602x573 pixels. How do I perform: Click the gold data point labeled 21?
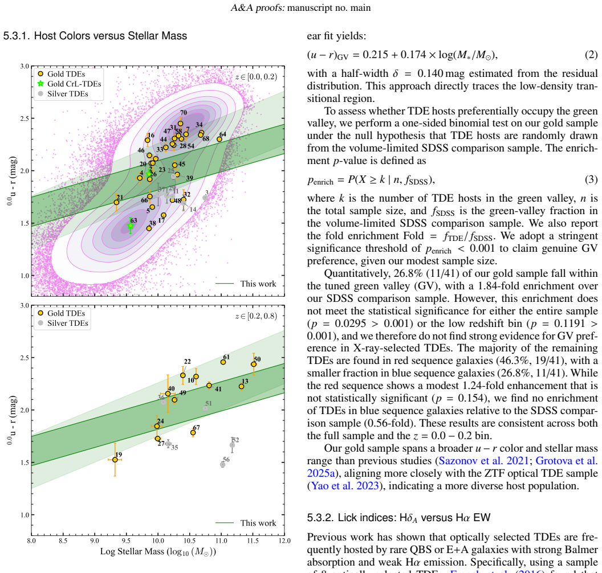(x=116, y=203)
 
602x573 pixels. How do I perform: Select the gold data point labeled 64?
(x=219, y=139)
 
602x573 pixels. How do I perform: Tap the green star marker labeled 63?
(x=130, y=226)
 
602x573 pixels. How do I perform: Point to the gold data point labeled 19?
(x=115, y=460)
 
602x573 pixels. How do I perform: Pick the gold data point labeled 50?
(x=253, y=365)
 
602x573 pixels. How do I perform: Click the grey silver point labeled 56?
(x=223, y=464)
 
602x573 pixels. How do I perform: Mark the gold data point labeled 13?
(x=242, y=386)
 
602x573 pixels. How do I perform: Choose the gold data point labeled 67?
(x=193, y=433)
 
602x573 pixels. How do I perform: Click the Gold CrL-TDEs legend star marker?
(x=40, y=84)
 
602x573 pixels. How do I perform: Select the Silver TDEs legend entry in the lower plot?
(x=63, y=324)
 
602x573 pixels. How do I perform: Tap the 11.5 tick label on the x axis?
(x=253, y=541)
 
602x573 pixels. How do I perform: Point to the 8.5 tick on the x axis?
(x=63, y=535)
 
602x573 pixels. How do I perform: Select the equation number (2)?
(x=591, y=55)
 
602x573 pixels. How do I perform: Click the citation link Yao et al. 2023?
(x=345, y=485)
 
